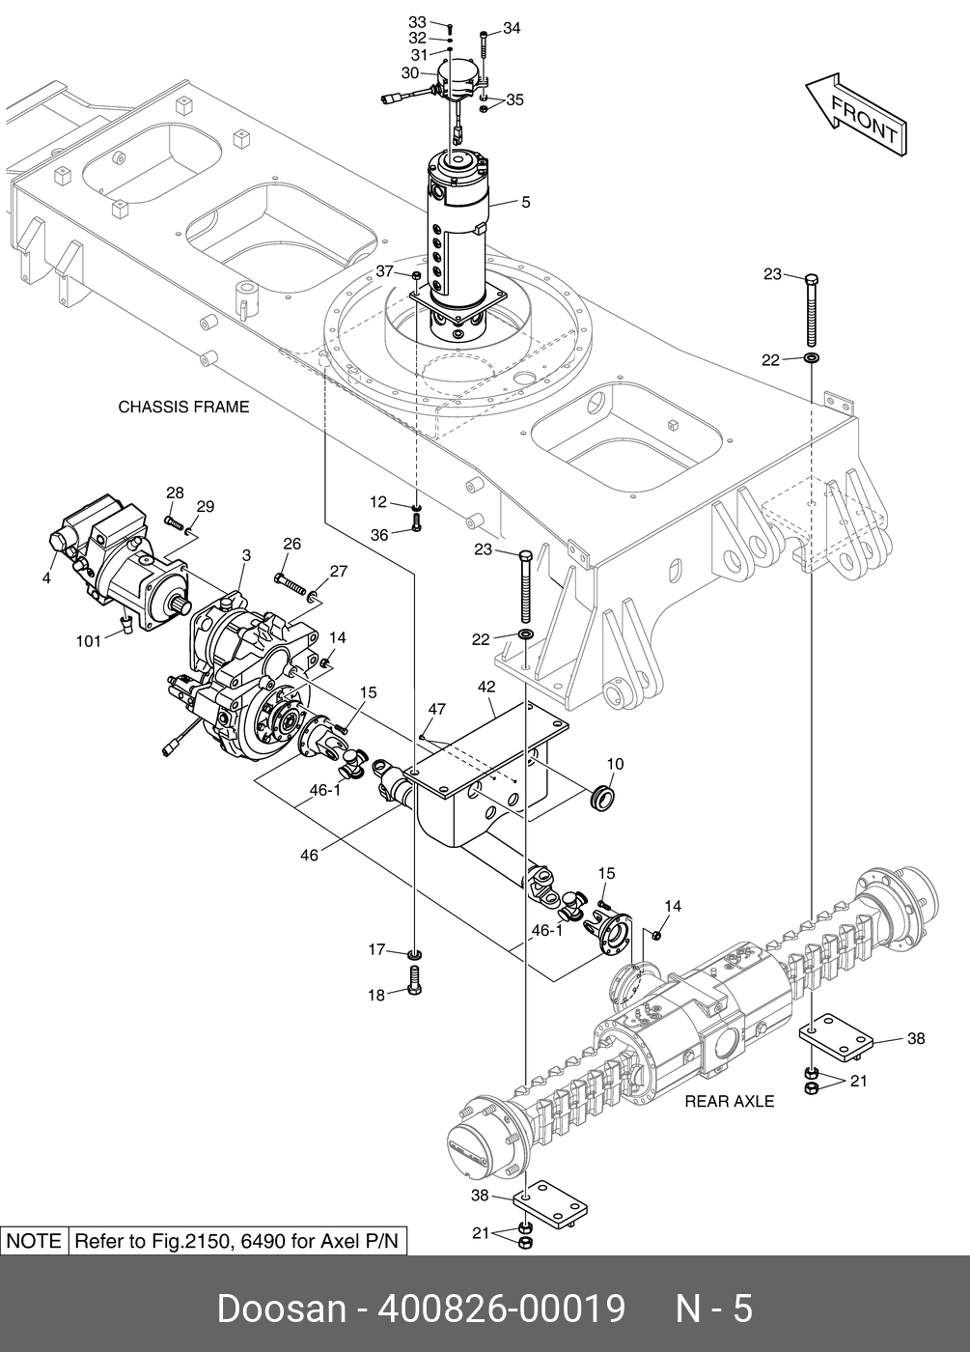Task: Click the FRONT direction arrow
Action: (x=857, y=116)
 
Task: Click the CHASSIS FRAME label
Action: (x=183, y=407)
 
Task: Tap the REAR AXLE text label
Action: (x=730, y=1102)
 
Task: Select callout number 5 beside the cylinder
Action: (x=526, y=202)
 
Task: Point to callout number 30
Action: (x=410, y=73)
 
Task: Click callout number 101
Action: (x=88, y=641)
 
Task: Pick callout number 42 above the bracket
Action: (x=486, y=687)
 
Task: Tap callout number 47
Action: (x=436, y=709)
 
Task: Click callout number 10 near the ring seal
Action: (x=615, y=764)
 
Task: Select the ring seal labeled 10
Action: (x=602, y=798)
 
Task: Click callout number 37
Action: (x=385, y=271)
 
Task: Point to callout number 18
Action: (x=376, y=996)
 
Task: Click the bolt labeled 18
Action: (x=415, y=981)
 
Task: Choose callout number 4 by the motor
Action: (x=46, y=578)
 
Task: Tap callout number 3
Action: (x=246, y=555)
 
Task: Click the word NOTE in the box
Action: (x=34, y=1241)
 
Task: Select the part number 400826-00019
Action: (x=501, y=1310)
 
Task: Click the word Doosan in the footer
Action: (x=282, y=1310)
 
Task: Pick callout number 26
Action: (x=291, y=544)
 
